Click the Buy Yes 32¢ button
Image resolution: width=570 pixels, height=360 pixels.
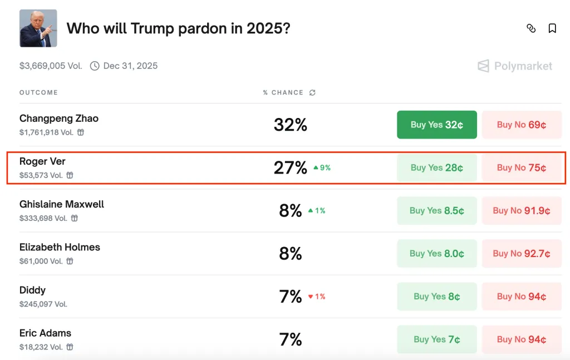[436, 125]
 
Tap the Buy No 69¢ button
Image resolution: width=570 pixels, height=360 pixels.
[522, 125]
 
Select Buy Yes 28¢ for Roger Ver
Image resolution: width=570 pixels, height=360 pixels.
[436, 167]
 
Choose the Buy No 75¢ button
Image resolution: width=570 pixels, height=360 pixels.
[522, 167]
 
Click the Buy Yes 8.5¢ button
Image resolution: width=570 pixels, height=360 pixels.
[436, 210]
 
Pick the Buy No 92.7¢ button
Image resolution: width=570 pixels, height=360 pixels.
[522, 253]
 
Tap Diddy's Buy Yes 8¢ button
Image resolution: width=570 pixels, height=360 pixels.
[436, 297]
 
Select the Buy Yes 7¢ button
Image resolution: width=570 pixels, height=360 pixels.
[436, 339]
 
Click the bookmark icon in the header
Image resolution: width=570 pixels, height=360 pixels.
[552, 28]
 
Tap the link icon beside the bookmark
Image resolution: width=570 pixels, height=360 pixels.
[531, 28]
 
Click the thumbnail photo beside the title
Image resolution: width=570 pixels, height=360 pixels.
[38, 28]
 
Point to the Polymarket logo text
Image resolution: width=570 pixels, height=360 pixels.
[523, 66]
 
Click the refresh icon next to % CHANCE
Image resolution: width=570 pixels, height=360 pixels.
[312, 92]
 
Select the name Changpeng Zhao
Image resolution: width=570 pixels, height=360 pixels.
[59, 118]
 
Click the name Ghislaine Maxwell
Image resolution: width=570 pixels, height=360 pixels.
[62, 204]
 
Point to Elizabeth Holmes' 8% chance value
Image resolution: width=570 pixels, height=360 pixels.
[291, 254]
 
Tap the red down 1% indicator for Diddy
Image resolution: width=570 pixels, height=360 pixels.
[317, 297]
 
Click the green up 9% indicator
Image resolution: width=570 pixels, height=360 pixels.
[322, 167]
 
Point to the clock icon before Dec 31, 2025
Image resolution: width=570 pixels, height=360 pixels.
[95, 66]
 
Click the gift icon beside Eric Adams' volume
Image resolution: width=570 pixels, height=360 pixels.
[70, 347]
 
